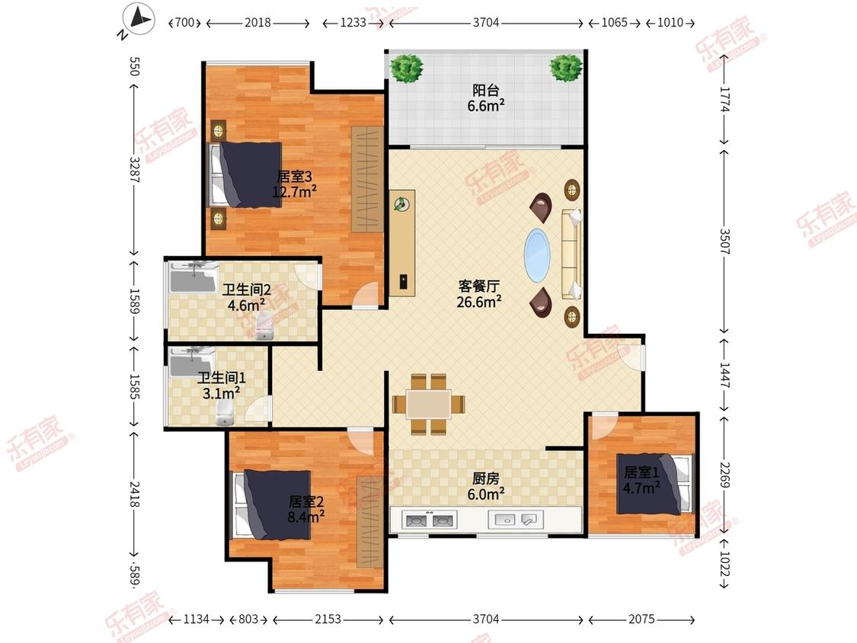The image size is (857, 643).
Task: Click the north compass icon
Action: point(138,19)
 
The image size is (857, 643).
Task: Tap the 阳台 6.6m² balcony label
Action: point(485,98)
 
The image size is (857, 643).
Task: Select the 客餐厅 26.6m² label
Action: point(479,293)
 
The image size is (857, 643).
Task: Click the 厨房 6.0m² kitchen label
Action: point(485,486)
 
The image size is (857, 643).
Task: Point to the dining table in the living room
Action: point(428,404)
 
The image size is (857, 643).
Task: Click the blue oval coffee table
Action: point(537,255)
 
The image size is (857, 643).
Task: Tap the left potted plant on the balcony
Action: point(406,68)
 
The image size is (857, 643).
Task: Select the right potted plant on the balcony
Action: point(566,67)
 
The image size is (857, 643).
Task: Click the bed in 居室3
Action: point(245,175)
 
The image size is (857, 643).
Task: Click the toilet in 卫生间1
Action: point(224,415)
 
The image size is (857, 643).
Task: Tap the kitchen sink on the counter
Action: point(516,519)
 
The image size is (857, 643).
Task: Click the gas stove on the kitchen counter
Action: point(429,520)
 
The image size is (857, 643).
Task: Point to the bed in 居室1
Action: point(656,483)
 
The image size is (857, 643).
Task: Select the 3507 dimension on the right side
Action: point(724,238)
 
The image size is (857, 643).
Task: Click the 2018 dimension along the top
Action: point(257,22)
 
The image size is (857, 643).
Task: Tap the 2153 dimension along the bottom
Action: point(328,619)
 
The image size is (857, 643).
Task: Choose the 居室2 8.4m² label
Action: point(306,508)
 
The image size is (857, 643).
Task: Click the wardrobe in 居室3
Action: point(367,179)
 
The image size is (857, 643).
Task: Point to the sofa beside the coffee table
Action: point(571,254)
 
